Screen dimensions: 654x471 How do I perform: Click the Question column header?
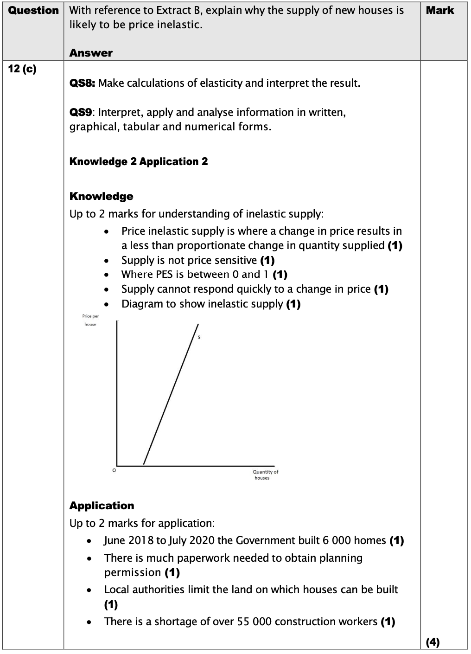33,10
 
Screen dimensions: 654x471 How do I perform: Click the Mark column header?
440,10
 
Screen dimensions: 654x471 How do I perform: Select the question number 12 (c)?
22,69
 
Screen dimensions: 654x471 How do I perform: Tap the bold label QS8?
83,83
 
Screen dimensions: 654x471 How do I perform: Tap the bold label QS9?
81,113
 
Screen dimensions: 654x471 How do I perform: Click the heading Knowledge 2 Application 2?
139,161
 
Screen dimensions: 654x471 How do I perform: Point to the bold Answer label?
91,53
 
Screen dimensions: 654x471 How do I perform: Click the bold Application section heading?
102,506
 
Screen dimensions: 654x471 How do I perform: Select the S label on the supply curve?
199,337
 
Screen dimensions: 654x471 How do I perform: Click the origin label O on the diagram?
114,470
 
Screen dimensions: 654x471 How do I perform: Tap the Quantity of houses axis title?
265,474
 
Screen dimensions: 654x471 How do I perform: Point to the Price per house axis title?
90,320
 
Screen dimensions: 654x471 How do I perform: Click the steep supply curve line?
171,394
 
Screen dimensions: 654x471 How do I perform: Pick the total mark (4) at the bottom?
433,642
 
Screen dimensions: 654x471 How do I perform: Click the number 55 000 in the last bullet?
255,622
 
